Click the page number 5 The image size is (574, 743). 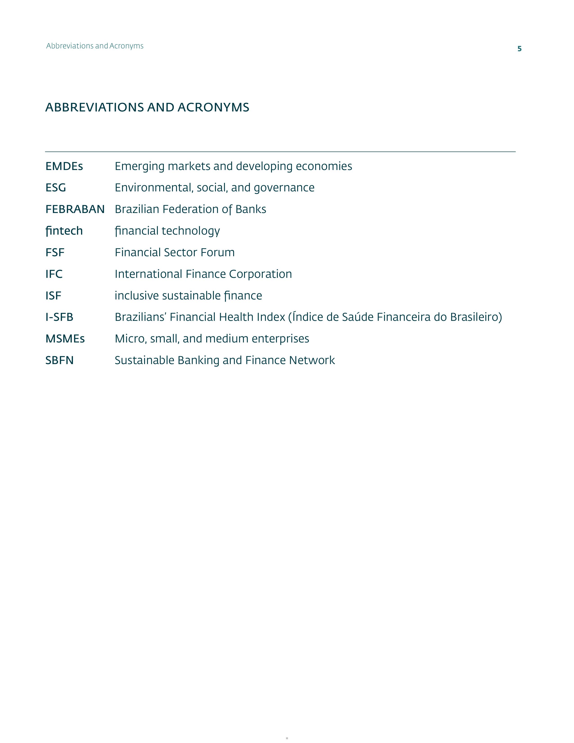519,49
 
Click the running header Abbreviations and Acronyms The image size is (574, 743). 95,46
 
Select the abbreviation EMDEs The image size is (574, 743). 64,166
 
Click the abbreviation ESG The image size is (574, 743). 56,188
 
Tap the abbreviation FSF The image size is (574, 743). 55,252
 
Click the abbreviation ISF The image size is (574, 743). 53,296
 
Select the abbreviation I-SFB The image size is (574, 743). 59,317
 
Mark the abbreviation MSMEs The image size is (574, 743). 65,339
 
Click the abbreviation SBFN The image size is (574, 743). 59,360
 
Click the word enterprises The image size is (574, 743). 280,339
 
